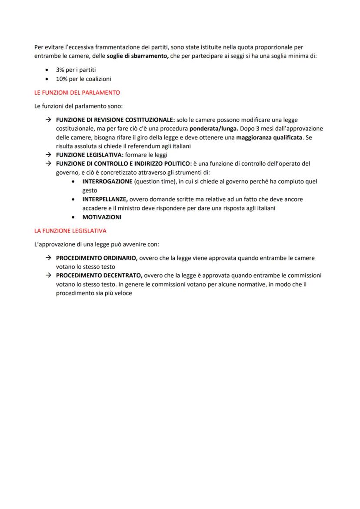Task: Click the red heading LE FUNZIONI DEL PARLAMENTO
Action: pos(77,93)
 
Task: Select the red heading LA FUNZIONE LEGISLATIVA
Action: pos(70,230)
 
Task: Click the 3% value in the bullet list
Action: pos(60,70)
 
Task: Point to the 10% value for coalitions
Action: pos(62,79)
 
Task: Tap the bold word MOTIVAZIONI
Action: pos(102,217)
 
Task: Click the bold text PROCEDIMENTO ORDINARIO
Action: pos(97,258)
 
